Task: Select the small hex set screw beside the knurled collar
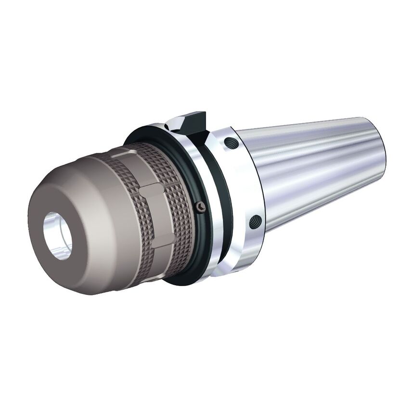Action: click(200, 205)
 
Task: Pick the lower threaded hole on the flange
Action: click(255, 222)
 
